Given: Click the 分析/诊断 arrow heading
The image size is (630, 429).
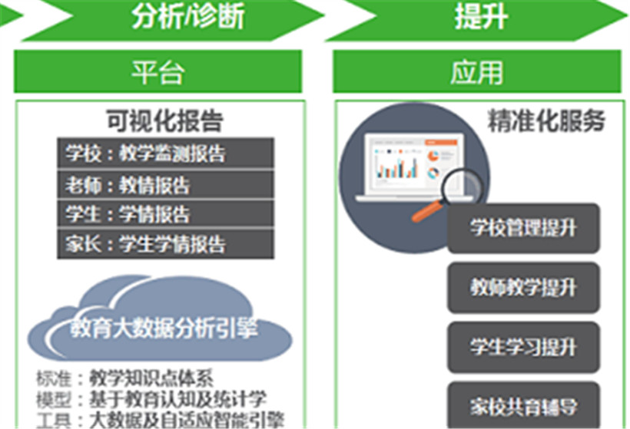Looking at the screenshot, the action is (173, 19).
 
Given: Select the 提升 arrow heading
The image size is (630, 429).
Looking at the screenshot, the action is (478, 19).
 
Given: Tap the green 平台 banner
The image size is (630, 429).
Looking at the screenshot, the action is (158, 71).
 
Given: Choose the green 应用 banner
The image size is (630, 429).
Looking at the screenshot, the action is (477, 71).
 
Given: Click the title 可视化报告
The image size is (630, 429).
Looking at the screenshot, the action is (164, 120).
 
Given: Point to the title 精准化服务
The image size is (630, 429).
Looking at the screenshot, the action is (546, 120).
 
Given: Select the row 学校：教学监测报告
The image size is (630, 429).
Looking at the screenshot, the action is (165, 153).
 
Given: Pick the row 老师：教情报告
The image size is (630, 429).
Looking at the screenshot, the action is (165, 185).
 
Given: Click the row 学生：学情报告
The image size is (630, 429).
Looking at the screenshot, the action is (165, 213).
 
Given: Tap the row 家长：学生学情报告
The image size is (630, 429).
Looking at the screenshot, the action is (165, 243).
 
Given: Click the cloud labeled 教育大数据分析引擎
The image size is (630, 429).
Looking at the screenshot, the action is (160, 321).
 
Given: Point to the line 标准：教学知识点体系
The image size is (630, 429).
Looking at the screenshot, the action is (124, 378).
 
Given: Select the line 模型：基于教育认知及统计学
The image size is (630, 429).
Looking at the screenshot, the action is (151, 399).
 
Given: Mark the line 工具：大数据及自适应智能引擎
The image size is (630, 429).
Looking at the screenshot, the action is (160, 419).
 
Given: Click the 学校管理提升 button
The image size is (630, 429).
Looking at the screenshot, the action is (523, 229).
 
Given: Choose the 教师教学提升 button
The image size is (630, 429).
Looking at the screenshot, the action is (523, 288).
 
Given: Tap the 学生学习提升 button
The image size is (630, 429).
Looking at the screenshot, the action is (523, 347).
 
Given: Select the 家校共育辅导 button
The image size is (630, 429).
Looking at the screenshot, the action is (523, 405).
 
